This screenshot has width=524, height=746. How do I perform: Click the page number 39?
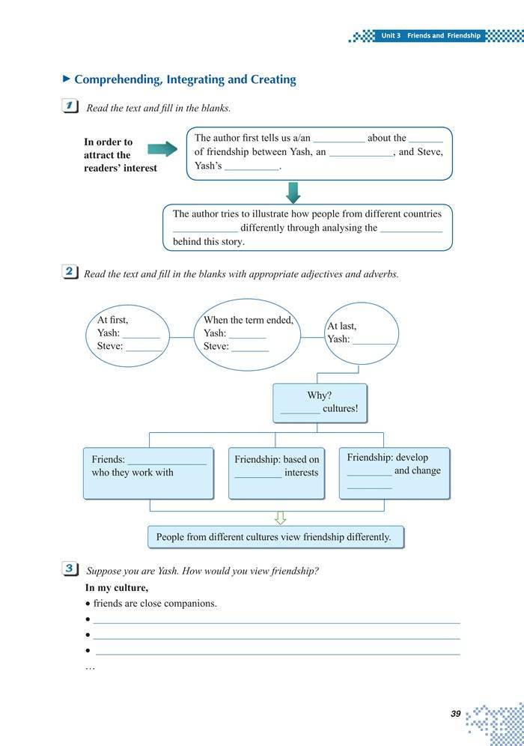click(x=455, y=714)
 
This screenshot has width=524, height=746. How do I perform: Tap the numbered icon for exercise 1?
click(x=72, y=107)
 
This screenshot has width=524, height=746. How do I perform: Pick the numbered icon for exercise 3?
click(x=72, y=570)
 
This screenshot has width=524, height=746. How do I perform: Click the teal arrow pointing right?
click(x=162, y=148)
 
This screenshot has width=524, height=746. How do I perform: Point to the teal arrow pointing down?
click(x=293, y=192)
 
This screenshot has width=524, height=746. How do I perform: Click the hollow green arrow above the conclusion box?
click(x=281, y=518)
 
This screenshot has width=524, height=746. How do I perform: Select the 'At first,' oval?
click(x=129, y=334)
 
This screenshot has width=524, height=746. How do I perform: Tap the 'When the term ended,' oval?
click(x=248, y=333)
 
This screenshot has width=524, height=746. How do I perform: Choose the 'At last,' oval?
click(x=362, y=333)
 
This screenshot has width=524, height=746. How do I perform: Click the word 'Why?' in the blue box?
click(x=320, y=395)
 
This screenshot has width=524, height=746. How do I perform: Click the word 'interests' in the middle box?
click(x=301, y=473)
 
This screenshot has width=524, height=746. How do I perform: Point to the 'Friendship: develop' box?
click(x=394, y=473)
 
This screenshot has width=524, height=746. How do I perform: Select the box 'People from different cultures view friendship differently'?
click(x=274, y=537)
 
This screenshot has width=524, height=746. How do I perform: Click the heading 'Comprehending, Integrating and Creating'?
click(x=185, y=79)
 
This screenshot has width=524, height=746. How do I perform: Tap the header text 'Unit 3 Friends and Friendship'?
click(x=430, y=36)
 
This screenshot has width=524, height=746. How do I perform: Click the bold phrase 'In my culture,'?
click(x=117, y=588)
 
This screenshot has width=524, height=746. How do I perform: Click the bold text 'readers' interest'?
click(x=121, y=169)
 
